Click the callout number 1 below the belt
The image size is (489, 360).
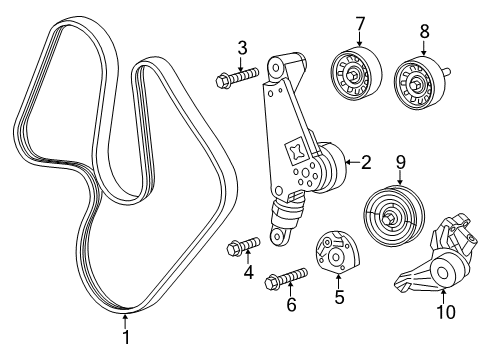point(125,339)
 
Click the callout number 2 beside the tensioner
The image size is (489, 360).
point(366,159)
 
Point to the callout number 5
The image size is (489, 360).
point(338,296)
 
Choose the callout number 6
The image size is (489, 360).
point(291,304)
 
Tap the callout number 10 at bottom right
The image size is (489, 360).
point(447,312)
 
